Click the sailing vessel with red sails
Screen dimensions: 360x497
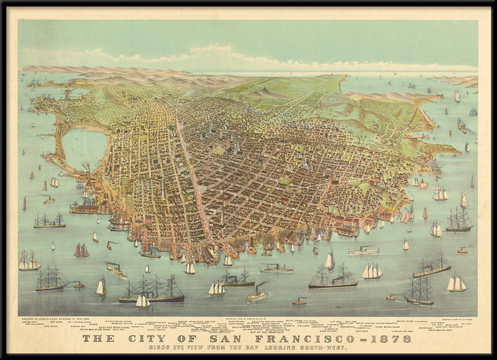click(81, 250)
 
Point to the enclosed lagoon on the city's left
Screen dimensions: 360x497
click(84, 150)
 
